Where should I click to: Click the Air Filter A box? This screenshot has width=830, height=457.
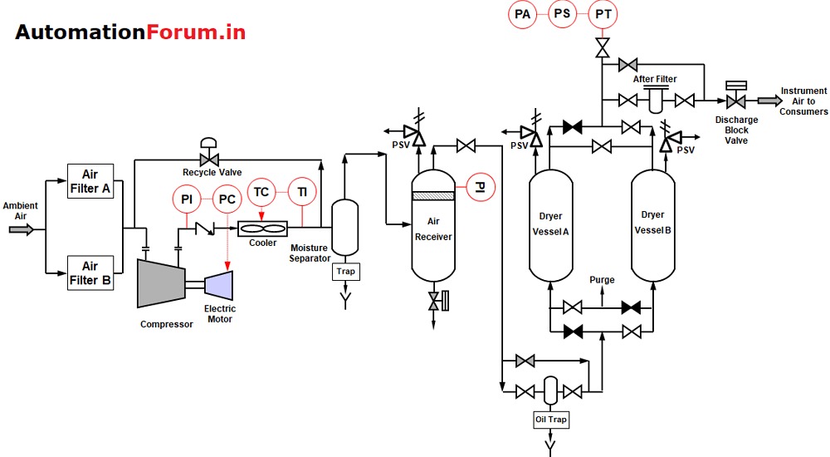[90, 181]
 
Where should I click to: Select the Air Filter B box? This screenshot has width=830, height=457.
[90, 273]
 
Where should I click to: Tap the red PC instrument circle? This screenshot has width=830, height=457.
[227, 199]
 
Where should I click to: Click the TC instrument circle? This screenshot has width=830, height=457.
[261, 193]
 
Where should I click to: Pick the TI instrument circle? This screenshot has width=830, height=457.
[302, 193]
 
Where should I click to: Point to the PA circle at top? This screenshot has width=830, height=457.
[522, 14]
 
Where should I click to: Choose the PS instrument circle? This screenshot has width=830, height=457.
[563, 14]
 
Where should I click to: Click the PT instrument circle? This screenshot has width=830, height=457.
[603, 14]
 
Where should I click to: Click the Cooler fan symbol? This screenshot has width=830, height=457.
[262, 228]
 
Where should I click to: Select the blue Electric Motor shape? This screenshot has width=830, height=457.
[220, 285]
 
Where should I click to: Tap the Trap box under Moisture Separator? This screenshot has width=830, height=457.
[344, 271]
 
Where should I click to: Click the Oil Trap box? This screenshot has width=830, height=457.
[550, 420]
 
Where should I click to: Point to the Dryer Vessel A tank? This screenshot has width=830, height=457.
[550, 224]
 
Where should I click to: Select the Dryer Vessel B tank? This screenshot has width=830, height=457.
[652, 224]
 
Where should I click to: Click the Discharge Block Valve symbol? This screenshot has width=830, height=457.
[735, 101]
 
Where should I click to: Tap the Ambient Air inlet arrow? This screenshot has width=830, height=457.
[21, 228]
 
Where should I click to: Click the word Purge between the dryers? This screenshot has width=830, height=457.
[602, 280]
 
